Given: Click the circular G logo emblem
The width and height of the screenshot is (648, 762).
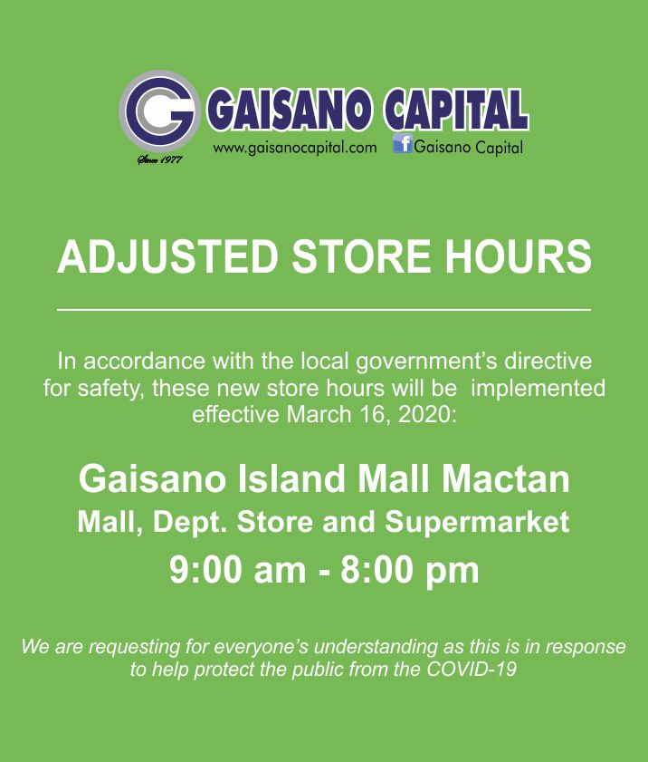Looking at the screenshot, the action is (x=159, y=111).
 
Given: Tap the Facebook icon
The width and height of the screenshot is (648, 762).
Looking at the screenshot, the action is (x=403, y=144).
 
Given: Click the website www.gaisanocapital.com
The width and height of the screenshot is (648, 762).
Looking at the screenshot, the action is (x=295, y=148).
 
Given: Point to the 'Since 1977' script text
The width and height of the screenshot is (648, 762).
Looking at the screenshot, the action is (x=159, y=159).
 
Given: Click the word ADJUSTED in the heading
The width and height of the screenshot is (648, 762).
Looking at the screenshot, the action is (x=167, y=256).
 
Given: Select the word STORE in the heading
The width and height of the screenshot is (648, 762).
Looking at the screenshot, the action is (x=361, y=256).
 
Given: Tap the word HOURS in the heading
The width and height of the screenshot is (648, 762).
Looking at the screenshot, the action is (x=518, y=256).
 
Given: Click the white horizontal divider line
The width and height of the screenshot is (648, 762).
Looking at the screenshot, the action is (x=324, y=310).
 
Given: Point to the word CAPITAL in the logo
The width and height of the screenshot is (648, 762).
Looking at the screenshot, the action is (x=456, y=109).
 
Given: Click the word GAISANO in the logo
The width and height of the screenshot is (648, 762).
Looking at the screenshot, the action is (x=290, y=109).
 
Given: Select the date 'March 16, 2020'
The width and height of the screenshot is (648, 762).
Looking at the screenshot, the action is (x=371, y=415).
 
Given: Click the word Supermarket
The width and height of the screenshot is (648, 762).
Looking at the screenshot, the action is (x=477, y=523).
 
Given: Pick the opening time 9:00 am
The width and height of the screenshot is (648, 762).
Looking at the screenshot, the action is (x=238, y=570).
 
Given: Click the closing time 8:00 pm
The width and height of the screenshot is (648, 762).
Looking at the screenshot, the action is (x=410, y=570).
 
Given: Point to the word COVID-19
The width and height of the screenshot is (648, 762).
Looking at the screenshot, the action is (x=472, y=670).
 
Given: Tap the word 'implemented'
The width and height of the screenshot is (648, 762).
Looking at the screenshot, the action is (x=538, y=389).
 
